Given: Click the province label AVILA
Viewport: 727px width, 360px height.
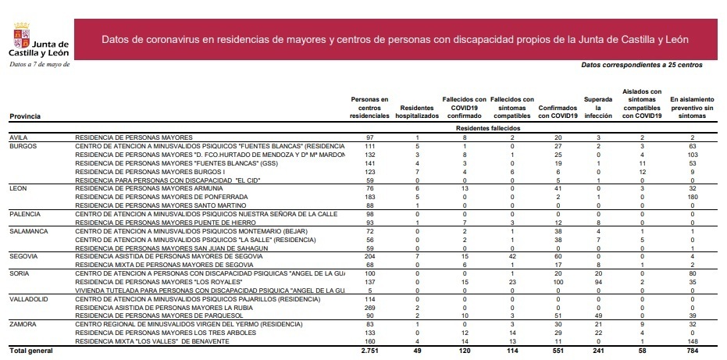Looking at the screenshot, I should pos(18,137).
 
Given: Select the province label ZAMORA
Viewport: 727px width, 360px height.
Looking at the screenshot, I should pos(21,322).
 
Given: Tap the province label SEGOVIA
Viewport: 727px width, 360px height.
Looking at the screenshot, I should pos(23,255).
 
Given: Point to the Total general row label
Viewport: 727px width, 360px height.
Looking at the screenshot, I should pos(30,351).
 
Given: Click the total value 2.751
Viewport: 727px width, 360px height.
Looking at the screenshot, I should pos(369,351).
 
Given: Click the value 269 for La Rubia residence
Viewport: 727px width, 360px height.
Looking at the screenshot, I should pos(370,307).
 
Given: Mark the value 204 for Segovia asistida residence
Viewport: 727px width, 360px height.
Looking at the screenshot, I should pos(370,255).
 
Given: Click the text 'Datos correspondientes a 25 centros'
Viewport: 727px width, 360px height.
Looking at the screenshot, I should pos(642,65).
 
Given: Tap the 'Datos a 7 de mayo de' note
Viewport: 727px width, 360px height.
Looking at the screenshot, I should pos(39,64).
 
